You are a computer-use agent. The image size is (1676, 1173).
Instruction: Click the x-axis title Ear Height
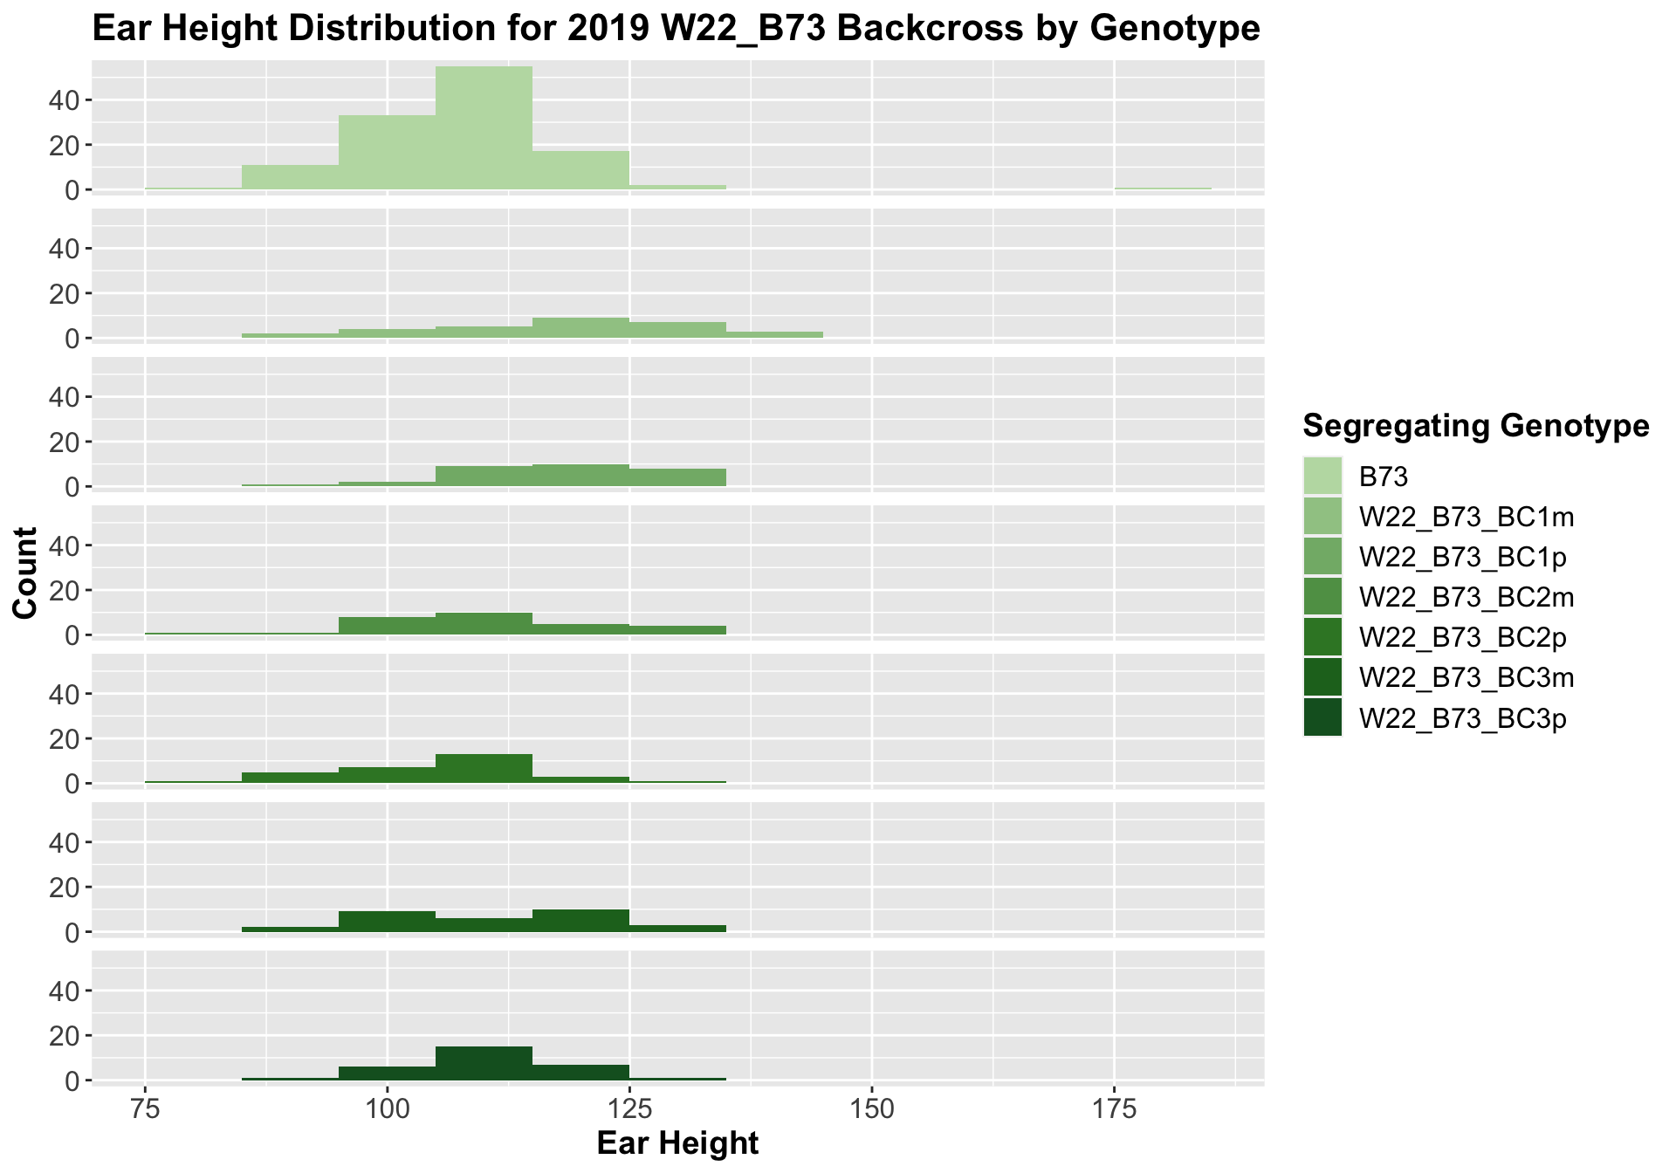677,1143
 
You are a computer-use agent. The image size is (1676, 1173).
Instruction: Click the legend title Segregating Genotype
1475,426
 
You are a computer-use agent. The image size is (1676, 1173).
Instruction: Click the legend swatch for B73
1322,476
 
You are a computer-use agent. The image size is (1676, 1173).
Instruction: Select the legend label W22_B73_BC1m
1466,517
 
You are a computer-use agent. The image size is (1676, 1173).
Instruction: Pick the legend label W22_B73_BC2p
1463,638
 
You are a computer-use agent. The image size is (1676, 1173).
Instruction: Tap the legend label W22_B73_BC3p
1463,718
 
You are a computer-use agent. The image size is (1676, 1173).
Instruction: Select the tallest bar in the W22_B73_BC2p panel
484,768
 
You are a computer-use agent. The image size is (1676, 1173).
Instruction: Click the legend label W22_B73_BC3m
1466,678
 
